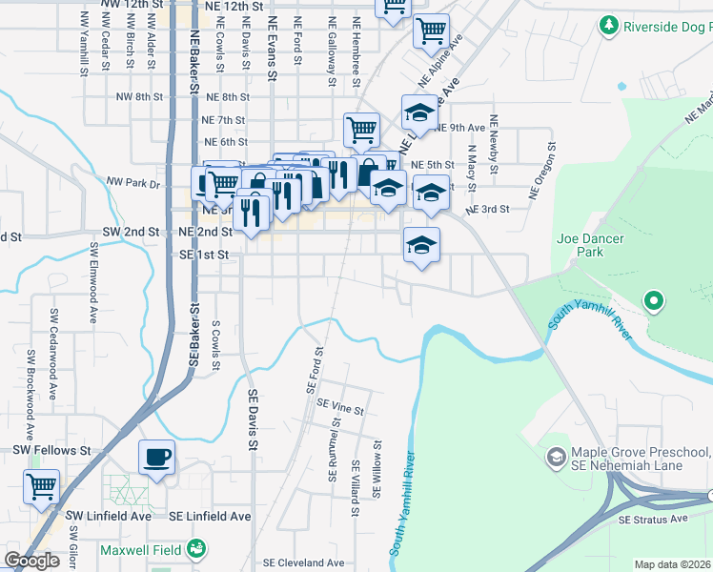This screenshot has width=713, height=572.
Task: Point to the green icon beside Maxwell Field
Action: click(196, 548)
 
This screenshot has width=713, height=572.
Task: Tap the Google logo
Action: click(32, 561)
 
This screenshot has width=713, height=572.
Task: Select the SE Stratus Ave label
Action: click(653, 520)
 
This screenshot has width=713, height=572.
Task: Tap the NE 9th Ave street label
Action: click(460, 127)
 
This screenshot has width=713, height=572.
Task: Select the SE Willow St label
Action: click(377, 468)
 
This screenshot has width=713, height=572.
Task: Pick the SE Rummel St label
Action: click(335, 448)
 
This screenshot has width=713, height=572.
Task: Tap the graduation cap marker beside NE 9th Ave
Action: click(418, 113)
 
